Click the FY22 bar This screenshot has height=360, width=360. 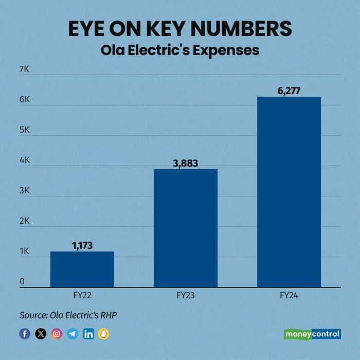tap(82, 269)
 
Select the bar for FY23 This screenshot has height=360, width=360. tap(186, 228)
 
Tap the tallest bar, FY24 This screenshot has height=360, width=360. tap(289, 191)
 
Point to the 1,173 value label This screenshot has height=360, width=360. tap(82, 245)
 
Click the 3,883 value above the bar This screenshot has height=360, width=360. tap(186, 163)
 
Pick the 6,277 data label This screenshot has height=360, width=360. tap(289, 91)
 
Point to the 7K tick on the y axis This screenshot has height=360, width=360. tap(25, 69)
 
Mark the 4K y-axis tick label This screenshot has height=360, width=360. tap(25, 160)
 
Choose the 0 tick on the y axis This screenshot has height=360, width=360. tap(22, 281)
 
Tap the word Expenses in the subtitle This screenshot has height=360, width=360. tap(230, 50)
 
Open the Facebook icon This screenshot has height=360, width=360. tap(25, 334)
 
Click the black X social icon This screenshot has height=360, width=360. tap(41, 334)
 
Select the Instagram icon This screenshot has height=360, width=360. tap(57, 334)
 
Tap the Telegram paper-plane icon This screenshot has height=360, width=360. tap(73, 334)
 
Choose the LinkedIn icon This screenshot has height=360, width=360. tap(88, 334)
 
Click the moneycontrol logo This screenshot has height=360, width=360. tap(312, 334)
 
